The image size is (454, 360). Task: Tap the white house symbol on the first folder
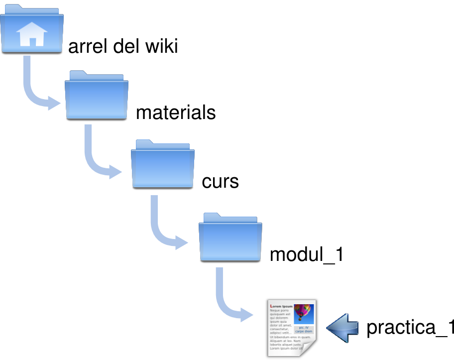coord(32,35)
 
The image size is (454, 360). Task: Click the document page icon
coord(291,328)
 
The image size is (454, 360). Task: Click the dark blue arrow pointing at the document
coord(343,328)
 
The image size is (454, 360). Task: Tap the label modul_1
coord(306,255)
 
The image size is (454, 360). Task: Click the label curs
coord(220,182)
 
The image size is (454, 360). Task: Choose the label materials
coord(176,113)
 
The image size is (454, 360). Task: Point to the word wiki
coord(161,47)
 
